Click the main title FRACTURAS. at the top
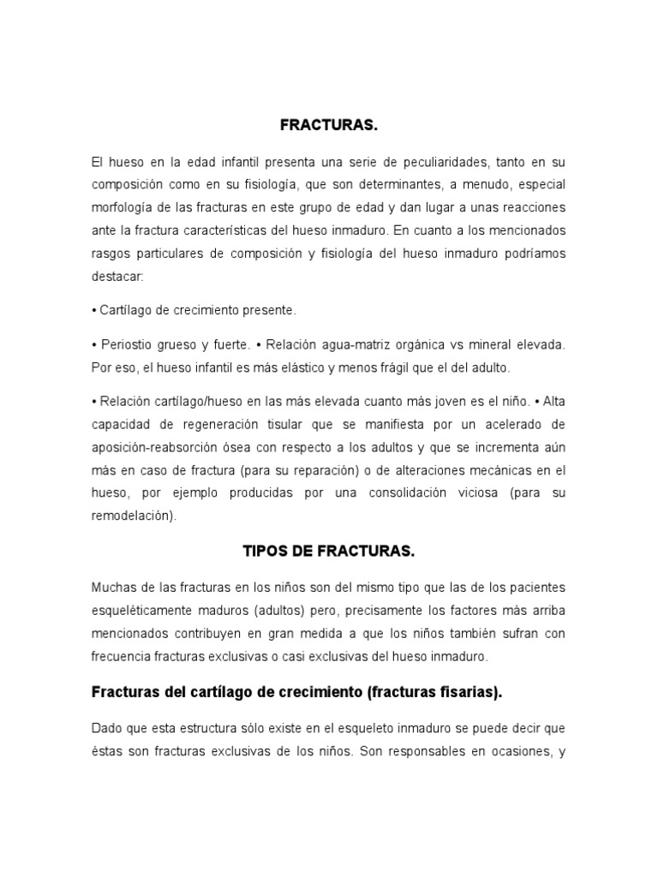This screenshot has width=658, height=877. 329,126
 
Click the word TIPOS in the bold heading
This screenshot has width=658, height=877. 266,552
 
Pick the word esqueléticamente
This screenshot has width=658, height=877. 145,611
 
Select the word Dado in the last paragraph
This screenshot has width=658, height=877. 106,728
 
